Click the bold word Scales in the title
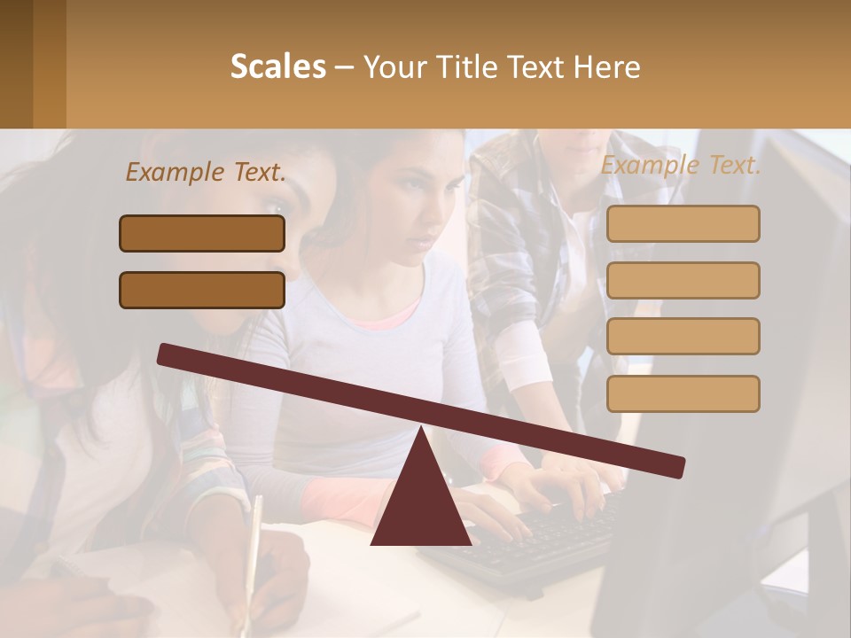pyautogui.click(x=277, y=66)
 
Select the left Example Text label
pyautogui.click(x=206, y=172)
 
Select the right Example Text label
pyautogui.click(x=681, y=165)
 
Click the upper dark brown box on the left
pyautogui.click(x=202, y=233)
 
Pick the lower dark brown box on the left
pyautogui.click(x=202, y=290)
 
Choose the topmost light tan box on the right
pyautogui.click(x=683, y=223)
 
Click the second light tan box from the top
pyautogui.click(x=683, y=280)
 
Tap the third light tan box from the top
pyautogui.click(x=683, y=336)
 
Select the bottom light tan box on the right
pyautogui.click(x=683, y=393)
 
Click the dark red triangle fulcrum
pyautogui.click(x=421, y=505)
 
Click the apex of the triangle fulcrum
pyautogui.click(x=422, y=430)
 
